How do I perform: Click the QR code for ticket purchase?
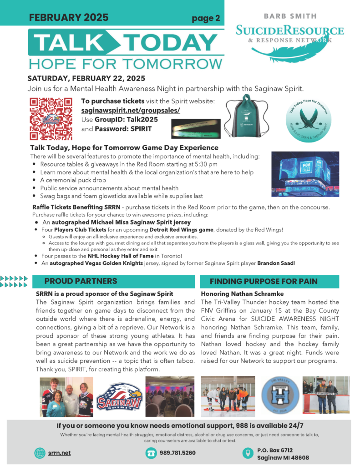pos(51,118)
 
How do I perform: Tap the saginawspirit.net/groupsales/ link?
pos(131,111)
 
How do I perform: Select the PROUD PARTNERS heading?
pos(81,281)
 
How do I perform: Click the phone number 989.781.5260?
pos(177,453)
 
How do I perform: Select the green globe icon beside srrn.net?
pos(40,453)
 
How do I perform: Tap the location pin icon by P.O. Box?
pos(248,453)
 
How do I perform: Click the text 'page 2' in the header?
pos(206,19)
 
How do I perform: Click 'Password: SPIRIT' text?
pos(123,129)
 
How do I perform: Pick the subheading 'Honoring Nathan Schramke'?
pos(242,294)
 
